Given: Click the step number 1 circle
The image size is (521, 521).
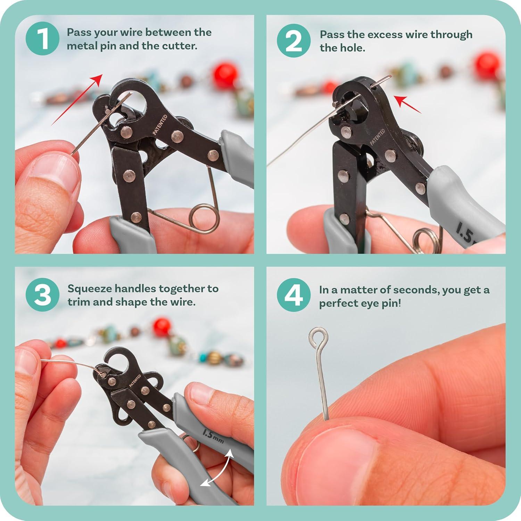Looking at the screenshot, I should coord(42,39).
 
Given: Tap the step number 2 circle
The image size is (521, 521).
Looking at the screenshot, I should coord(293,41).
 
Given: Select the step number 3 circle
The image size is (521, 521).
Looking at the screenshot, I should coord(42,295).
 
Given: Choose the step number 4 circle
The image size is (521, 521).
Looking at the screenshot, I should coord(293,295).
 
